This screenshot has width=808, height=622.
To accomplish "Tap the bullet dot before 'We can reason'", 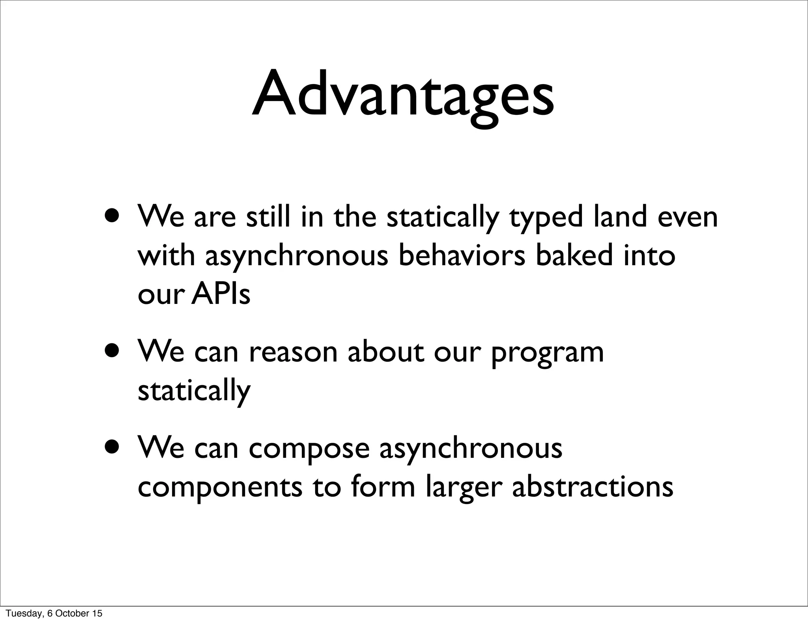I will click(113, 351).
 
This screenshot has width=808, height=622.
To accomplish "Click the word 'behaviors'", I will click(462, 255).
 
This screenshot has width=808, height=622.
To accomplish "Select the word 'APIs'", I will click(221, 294).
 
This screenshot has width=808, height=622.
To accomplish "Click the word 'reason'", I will click(293, 352).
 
